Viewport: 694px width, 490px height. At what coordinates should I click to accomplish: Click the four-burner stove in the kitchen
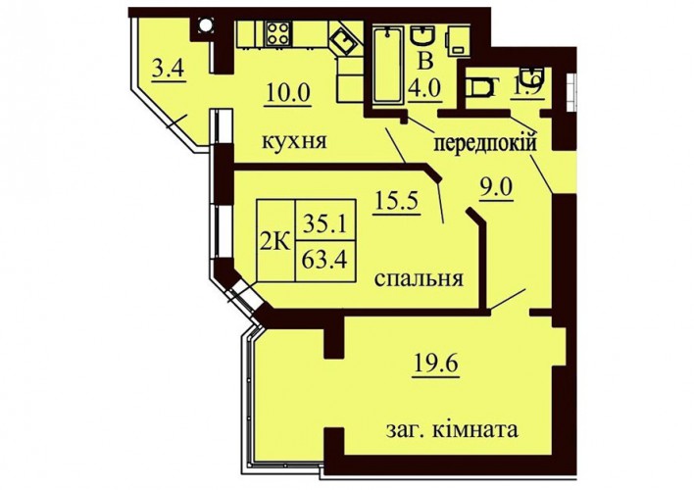278,33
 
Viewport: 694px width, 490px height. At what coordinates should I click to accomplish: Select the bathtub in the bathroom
388,65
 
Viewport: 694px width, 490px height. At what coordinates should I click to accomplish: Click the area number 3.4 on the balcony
168,70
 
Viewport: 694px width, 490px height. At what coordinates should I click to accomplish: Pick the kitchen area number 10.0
288,92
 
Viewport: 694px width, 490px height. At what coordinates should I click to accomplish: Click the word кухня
294,141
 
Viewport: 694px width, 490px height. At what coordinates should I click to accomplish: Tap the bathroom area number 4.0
424,88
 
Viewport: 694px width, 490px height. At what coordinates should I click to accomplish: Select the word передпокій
485,143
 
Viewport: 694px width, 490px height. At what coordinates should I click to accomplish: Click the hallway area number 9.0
497,188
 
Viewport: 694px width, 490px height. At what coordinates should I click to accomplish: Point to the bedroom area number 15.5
397,201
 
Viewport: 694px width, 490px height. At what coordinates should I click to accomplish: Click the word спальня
419,279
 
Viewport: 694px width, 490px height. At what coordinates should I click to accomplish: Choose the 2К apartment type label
274,243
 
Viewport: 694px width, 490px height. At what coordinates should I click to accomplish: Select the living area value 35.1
324,224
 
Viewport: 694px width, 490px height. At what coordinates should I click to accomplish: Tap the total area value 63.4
324,260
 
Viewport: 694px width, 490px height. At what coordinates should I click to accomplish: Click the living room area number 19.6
436,364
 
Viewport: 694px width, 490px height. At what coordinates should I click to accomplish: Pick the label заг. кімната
452,428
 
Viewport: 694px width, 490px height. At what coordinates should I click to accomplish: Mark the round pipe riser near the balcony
205,24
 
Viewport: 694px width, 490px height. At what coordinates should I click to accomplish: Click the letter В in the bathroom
424,62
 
